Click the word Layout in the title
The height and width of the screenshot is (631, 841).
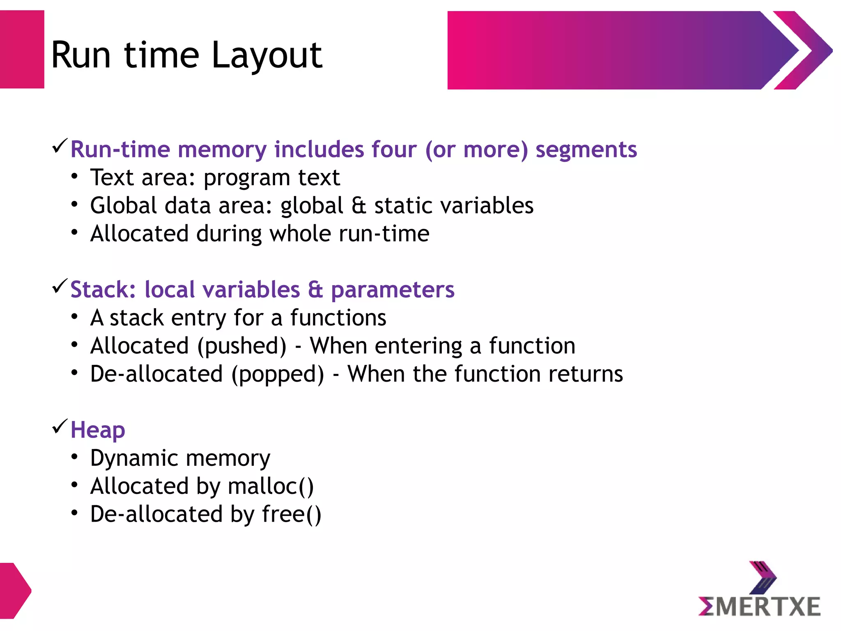267,55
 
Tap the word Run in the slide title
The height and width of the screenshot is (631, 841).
81,55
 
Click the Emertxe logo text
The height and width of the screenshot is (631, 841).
759,606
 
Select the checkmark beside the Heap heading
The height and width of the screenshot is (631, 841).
60,427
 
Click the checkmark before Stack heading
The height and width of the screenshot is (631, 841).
60,286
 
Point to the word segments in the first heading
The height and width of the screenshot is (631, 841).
586,150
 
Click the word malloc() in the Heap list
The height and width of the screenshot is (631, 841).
271,486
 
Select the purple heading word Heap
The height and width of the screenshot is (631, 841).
98,431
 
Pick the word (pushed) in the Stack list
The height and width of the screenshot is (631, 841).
242,346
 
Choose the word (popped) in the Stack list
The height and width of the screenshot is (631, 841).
278,374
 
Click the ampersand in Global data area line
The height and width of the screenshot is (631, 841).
358,205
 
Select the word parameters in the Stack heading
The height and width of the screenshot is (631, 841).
393,290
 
